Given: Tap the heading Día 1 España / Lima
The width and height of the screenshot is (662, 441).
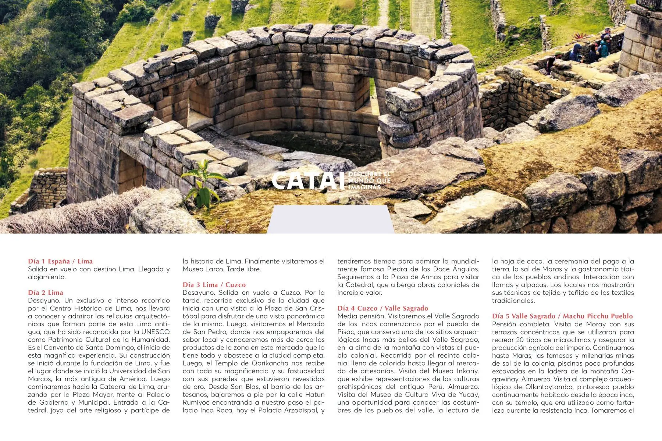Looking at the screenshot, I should [x=60, y=261].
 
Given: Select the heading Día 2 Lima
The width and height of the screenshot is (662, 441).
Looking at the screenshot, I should [x=46, y=293].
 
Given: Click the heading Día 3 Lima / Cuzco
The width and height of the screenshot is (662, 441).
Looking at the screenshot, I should [x=214, y=285].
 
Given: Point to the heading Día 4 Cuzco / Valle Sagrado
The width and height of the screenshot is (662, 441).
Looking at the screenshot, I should [x=383, y=308].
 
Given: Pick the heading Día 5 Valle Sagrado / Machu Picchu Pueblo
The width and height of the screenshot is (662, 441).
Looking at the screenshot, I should [x=562, y=316].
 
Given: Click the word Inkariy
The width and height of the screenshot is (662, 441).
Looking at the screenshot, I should [x=467, y=371].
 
